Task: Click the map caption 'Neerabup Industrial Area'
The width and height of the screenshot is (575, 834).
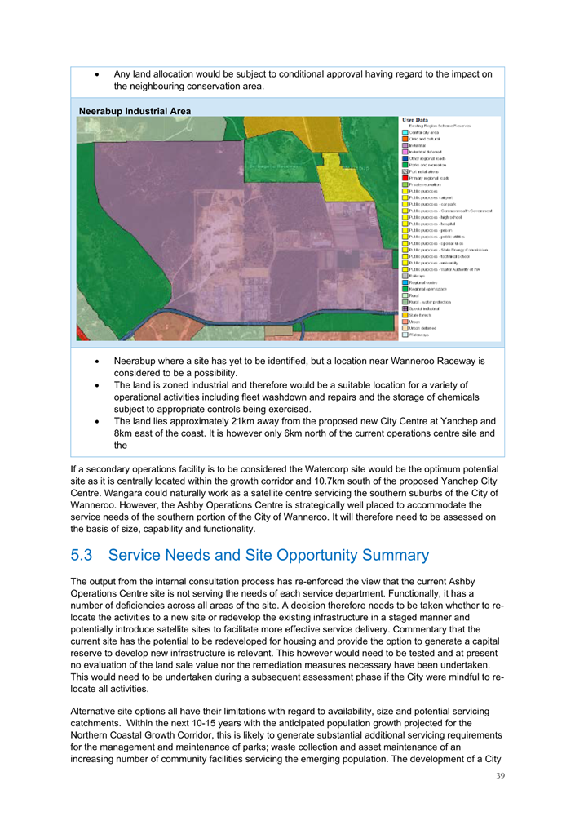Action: [x=135, y=111]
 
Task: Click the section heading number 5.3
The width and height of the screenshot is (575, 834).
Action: [x=84, y=555]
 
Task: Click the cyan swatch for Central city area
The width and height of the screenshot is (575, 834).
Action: [x=405, y=133]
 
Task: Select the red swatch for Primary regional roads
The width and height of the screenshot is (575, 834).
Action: [x=405, y=178]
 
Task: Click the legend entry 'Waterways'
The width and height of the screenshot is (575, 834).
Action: [x=421, y=335]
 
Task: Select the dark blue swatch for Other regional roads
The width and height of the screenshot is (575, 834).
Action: [x=405, y=158]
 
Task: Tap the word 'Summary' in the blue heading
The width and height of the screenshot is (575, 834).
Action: [x=388, y=555]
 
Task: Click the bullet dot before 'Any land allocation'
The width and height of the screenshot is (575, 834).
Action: [x=98, y=74]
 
